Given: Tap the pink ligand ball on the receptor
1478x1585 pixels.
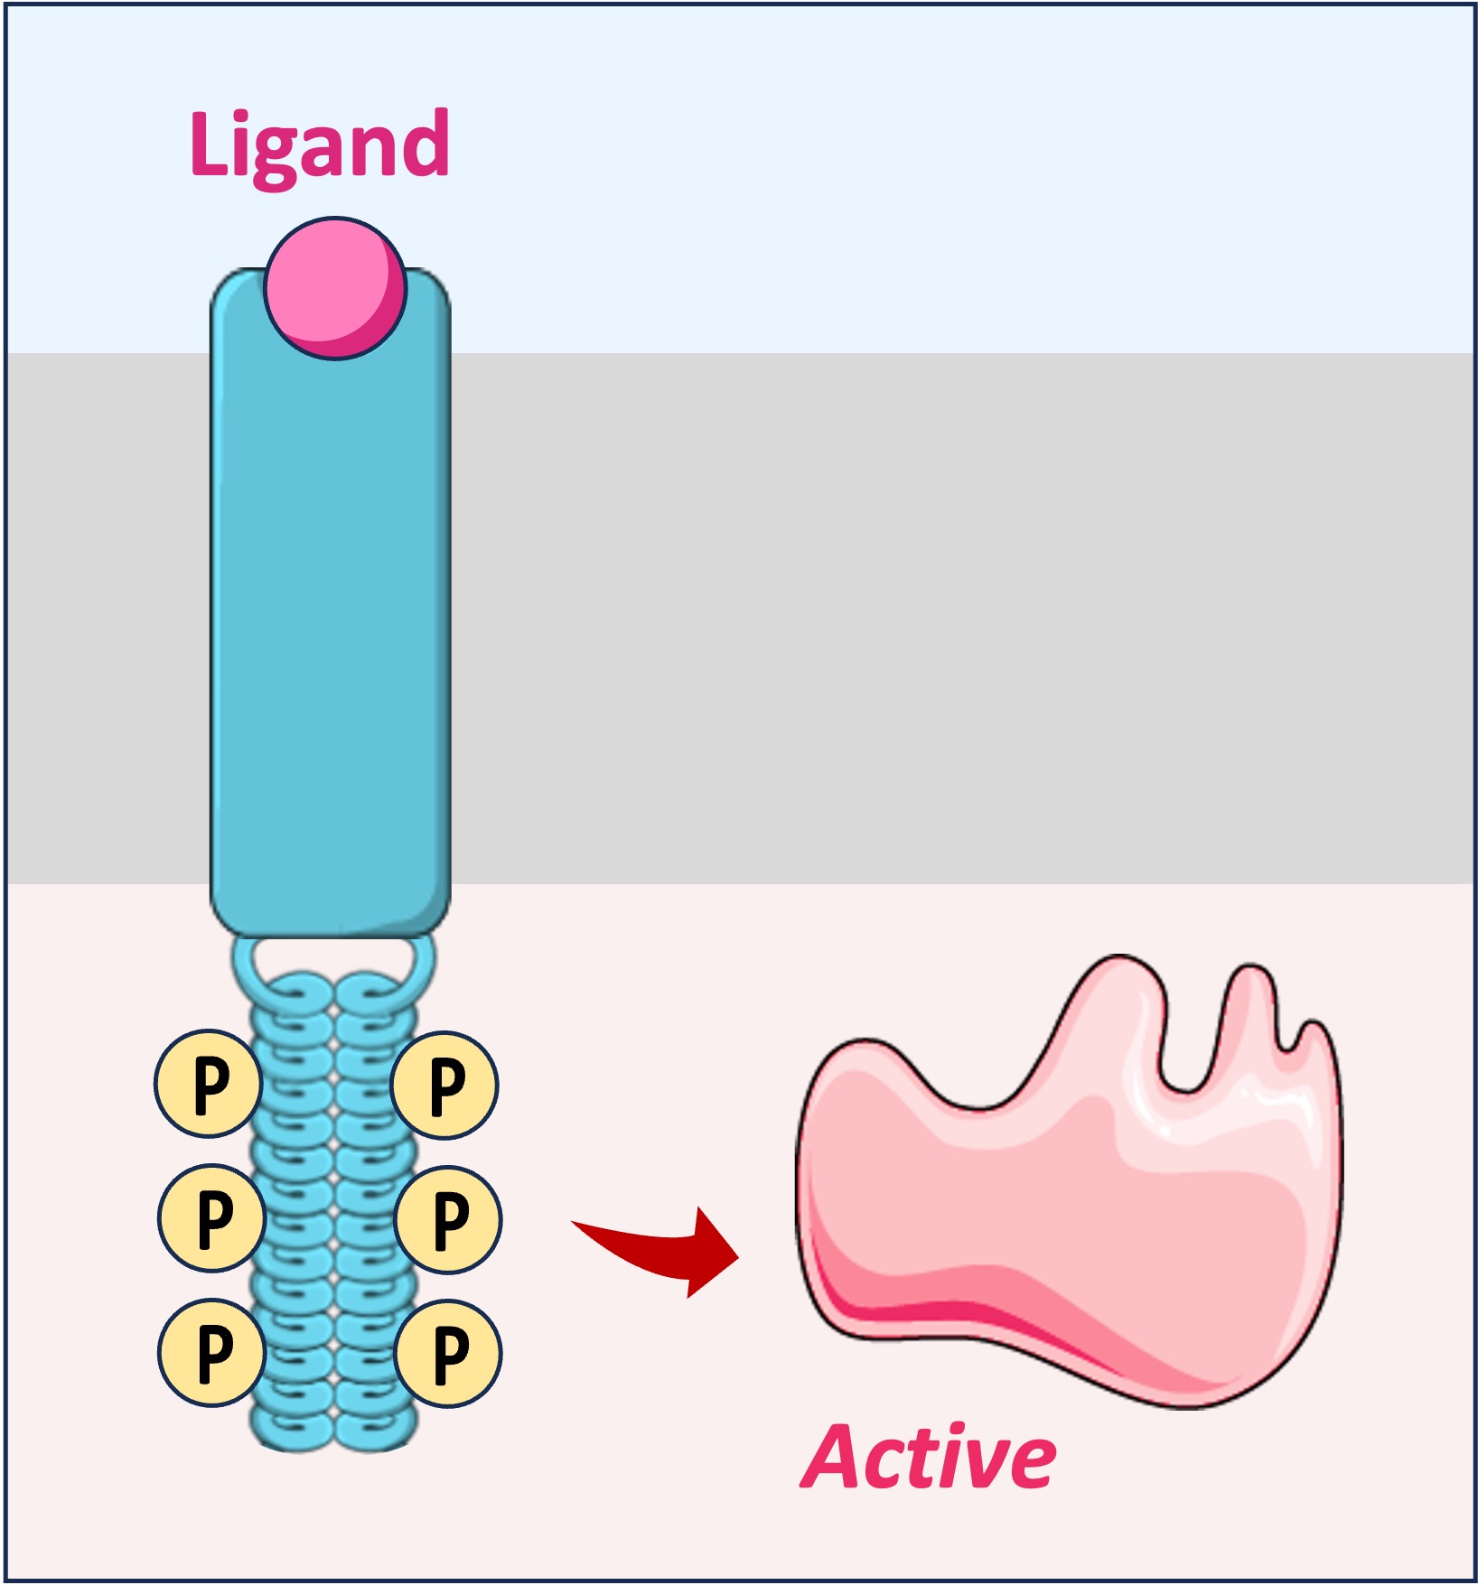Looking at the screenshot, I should [x=335, y=288].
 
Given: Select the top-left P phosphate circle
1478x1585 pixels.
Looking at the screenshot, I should [x=209, y=1083].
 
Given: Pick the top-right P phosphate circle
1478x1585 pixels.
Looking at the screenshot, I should [x=444, y=1086].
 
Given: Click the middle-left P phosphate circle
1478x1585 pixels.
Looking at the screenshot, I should [x=211, y=1217].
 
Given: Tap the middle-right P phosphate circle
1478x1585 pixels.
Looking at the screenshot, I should [x=448, y=1219].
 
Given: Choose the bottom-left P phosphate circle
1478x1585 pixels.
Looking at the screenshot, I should [x=211, y=1352].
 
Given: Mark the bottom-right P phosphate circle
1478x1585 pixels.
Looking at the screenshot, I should [x=448, y=1353].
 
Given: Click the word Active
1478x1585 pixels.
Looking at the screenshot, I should [x=929, y=1458].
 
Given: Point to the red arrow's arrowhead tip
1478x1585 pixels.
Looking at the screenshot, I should [x=736, y=1255].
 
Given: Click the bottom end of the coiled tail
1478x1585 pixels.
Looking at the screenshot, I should [x=333, y=1436].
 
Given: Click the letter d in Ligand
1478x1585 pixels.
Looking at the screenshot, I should [x=425, y=145].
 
